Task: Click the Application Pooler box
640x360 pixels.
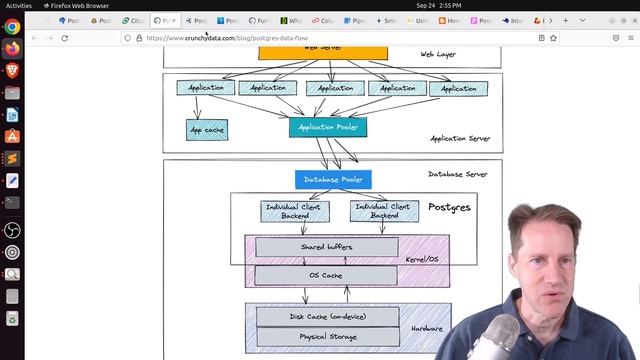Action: [x=328, y=127]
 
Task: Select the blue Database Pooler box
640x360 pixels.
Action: [x=333, y=180]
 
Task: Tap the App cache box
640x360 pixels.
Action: [x=207, y=130]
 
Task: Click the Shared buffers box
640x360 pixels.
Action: [x=326, y=247]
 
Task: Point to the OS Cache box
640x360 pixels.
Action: [x=326, y=275]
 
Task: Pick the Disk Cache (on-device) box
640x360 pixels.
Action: [x=327, y=317]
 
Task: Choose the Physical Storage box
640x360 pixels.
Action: [x=327, y=337]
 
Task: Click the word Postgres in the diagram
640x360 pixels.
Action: [x=449, y=207]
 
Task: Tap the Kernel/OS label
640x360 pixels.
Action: [x=421, y=259]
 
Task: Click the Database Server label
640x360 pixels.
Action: [x=457, y=174]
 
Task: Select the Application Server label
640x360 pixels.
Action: [x=460, y=139]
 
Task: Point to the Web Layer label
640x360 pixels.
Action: [x=437, y=54]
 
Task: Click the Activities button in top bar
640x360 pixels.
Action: [x=19, y=5]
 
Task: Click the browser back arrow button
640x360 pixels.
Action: [x=35, y=38]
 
